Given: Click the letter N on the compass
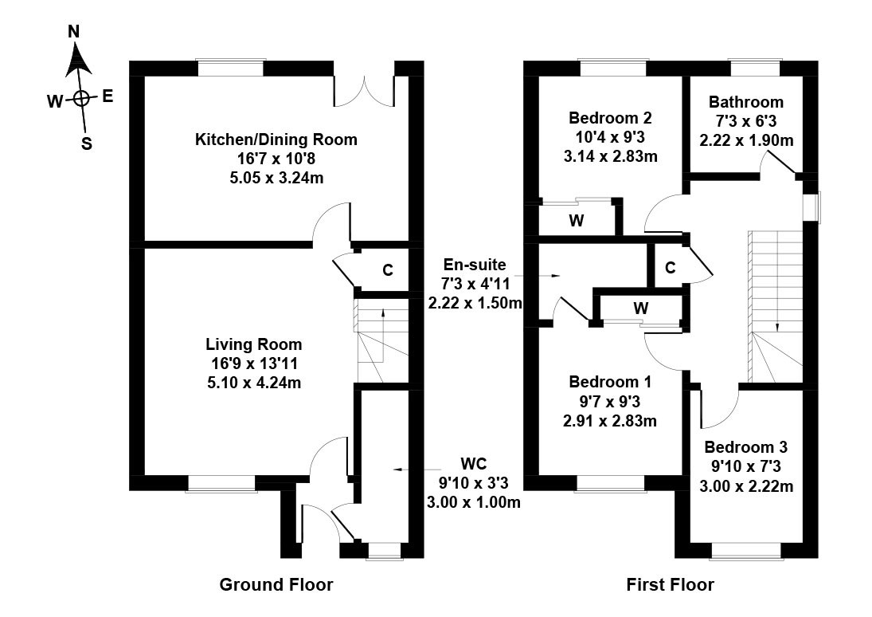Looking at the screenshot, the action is (74, 32).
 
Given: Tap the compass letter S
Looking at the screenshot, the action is (87, 144).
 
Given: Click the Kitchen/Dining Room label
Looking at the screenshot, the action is (276, 140).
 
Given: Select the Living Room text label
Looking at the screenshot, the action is (254, 345).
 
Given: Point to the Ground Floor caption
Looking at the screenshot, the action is (276, 585).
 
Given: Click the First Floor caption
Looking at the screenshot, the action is (670, 585).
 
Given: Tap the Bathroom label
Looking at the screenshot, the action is (746, 102).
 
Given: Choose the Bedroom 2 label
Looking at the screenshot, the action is (611, 118).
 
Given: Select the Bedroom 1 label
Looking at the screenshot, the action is (611, 381).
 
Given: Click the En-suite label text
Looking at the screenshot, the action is (474, 265).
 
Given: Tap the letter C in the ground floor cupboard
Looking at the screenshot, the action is (387, 270).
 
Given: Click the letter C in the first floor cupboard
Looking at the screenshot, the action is (671, 268).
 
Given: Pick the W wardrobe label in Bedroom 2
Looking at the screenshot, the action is (576, 221).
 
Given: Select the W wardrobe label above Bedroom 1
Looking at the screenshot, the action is (640, 307).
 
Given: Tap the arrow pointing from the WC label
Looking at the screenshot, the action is (409, 470).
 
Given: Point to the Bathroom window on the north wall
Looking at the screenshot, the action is (746, 69).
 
